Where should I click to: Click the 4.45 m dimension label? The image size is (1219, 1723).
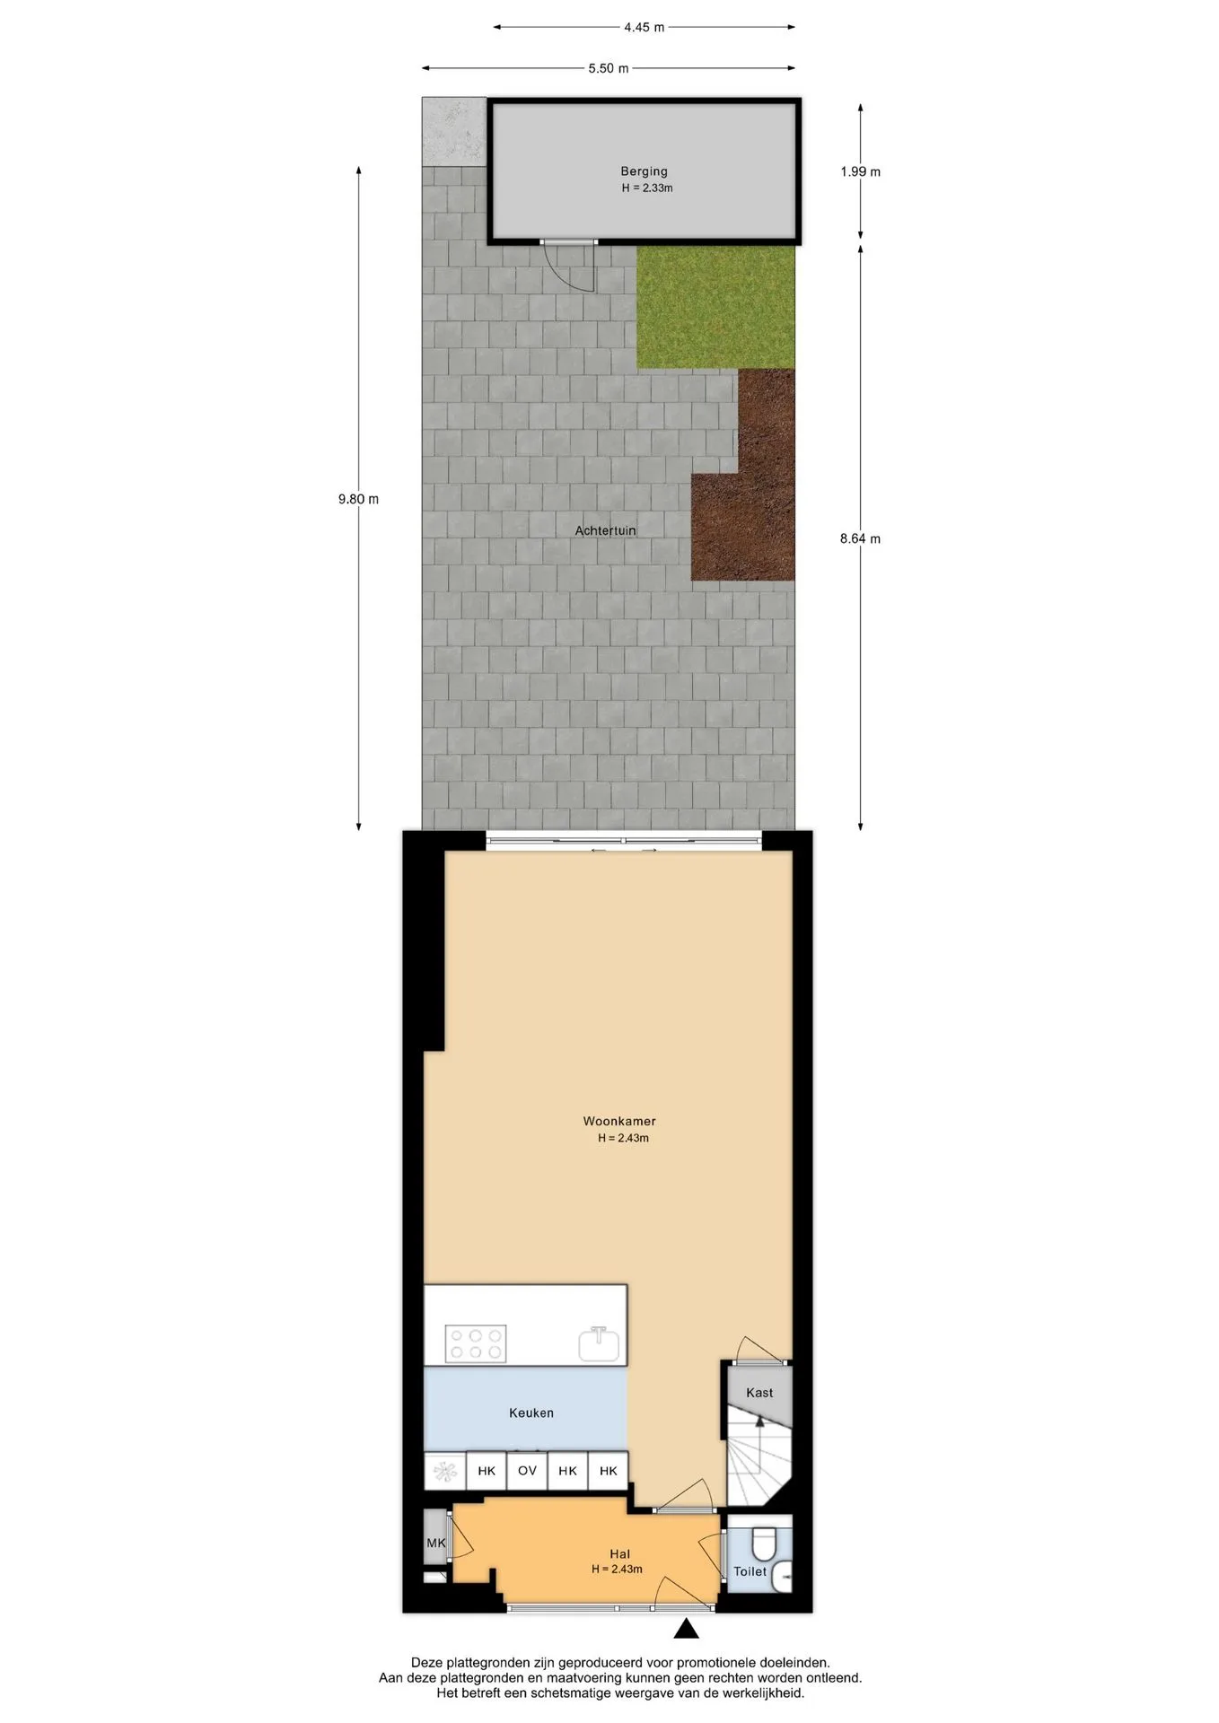point(644,27)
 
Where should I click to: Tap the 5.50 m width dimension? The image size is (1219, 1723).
point(608,68)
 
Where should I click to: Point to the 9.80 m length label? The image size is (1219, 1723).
point(358,499)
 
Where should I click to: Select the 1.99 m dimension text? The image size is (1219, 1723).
point(860,171)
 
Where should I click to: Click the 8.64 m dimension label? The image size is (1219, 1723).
point(860,538)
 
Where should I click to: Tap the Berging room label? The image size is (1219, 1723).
point(644,171)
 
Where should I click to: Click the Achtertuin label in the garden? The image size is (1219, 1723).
point(605,530)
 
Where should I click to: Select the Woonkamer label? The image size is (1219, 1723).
point(619,1121)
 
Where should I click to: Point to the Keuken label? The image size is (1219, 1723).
point(531,1413)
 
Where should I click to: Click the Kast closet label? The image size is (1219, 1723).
point(759,1393)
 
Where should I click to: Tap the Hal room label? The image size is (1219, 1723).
point(619,1554)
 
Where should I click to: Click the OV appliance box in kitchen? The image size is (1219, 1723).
point(527,1471)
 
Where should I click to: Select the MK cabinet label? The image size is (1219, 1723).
point(435,1544)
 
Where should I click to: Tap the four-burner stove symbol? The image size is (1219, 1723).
point(476,1343)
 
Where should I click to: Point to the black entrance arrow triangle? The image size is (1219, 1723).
point(686,1629)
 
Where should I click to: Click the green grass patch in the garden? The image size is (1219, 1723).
point(715,306)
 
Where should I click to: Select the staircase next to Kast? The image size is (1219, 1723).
point(759,1456)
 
